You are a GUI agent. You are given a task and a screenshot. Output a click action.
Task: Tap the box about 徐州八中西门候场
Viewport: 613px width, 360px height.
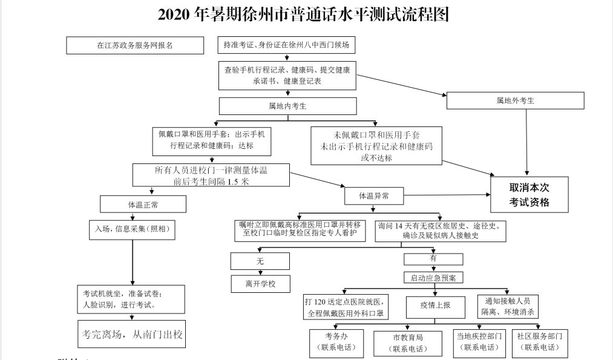pos(287,45)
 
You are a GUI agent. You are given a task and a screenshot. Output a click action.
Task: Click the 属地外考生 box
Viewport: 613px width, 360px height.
pos(515,100)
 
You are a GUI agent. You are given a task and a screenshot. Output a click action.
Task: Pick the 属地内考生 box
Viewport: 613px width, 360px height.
pos(287,106)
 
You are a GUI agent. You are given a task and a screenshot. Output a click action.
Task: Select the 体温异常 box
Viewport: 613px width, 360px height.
pos(373,196)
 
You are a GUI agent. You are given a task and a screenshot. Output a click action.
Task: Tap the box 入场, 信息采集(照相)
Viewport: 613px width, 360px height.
pos(131,229)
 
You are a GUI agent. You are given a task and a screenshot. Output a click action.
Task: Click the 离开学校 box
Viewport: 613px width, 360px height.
pos(260,283)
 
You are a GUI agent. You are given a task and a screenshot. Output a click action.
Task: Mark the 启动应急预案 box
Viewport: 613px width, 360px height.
pos(433,278)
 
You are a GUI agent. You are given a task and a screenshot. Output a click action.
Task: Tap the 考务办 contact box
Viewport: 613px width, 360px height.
pos(336,342)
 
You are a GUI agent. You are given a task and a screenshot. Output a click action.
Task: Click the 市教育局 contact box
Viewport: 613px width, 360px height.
pos(407,343)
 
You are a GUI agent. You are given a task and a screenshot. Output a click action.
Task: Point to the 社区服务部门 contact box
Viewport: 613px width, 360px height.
pos(540,342)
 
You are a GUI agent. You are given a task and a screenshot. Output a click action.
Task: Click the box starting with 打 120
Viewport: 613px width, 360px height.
pos(346,307)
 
